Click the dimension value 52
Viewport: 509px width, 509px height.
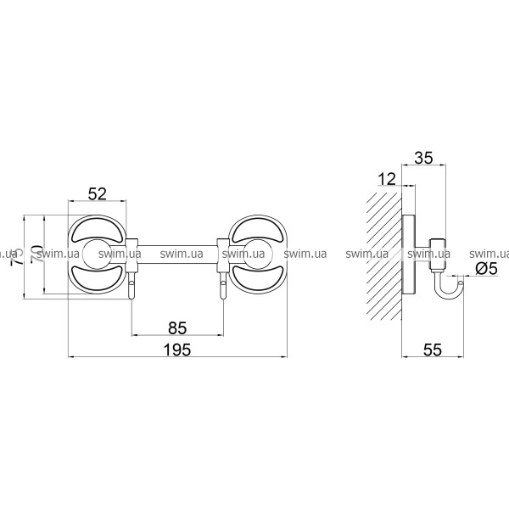98,193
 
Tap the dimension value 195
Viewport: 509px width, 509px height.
177,350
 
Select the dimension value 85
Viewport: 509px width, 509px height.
177,327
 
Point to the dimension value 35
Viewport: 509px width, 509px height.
424,158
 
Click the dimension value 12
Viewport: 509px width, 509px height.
388,179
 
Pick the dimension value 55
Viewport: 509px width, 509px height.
433,350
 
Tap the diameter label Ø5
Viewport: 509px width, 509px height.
486,269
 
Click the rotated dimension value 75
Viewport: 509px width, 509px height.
18,256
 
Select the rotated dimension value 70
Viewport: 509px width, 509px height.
37,255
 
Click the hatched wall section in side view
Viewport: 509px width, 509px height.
384,255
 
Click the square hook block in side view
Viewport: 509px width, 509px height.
439,255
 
